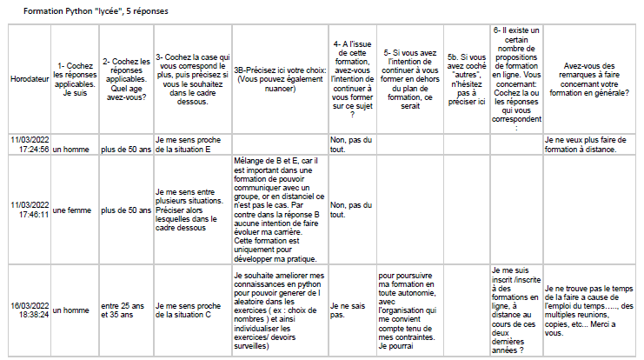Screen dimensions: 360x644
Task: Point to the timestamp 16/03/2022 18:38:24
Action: [29, 309]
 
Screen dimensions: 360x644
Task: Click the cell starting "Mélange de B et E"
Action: [279, 209]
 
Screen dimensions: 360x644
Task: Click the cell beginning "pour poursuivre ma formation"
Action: [408, 310]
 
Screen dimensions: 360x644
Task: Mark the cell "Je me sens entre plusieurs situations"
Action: [190, 209]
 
